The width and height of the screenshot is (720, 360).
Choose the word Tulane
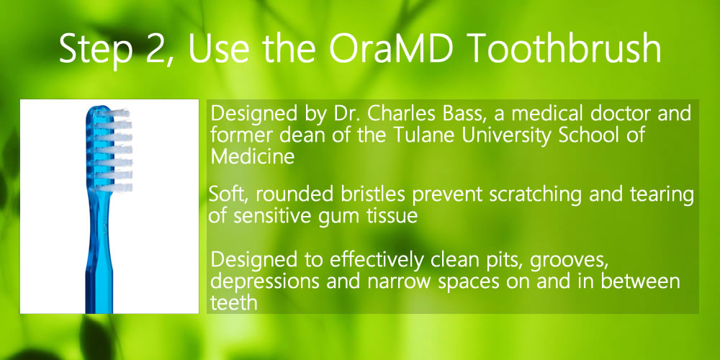(419, 135)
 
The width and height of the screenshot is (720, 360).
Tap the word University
(495, 137)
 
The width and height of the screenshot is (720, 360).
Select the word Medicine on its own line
(252, 156)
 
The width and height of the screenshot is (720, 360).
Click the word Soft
(227, 194)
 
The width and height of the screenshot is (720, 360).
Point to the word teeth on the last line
(234, 302)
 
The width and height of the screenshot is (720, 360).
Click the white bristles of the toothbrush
(113, 150)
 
